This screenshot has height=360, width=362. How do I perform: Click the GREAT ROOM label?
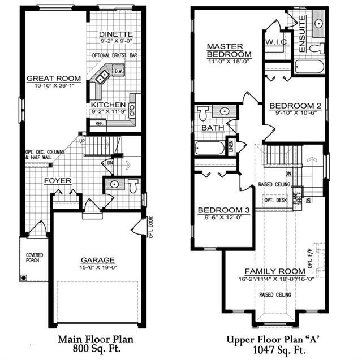point(54,79)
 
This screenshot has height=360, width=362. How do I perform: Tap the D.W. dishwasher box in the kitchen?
point(118,71)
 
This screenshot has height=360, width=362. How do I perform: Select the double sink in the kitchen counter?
point(102,77)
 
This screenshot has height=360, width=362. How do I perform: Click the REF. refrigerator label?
point(99,124)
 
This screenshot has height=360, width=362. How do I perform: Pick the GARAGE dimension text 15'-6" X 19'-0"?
point(98,267)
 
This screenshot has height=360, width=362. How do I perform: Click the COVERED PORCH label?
point(35,258)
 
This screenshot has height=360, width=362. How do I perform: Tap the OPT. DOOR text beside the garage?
point(151,227)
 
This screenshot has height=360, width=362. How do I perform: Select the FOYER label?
point(58,181)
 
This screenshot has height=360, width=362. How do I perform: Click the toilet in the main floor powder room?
point(133,185)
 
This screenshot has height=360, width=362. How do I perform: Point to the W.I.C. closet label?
point(277,42)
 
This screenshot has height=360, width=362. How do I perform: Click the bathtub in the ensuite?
point(309,67)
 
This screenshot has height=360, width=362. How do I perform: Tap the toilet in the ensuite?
point(317,48)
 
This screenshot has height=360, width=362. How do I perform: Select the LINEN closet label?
point(231,146)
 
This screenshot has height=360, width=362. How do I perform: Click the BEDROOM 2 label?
point(295,106)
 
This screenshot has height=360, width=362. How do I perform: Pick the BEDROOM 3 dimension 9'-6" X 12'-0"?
point(223,217)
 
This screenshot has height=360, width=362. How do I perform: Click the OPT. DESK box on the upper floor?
point(275,200)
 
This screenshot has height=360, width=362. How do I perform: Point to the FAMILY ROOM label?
point(275,271)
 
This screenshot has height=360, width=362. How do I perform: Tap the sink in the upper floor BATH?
point(224,111)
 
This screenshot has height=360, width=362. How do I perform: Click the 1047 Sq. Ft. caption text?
point(279,350)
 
